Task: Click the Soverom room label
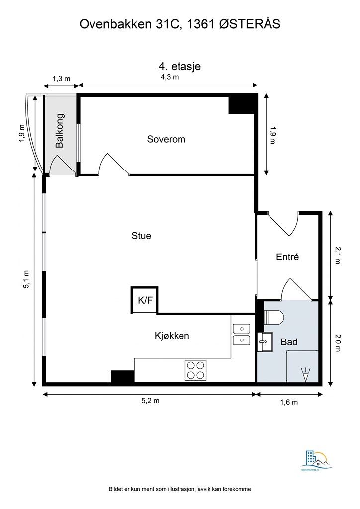(x=166, y=139)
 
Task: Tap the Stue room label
(x=141, y=236)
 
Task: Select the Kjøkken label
(x=172, y=336)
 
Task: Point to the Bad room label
(x=289, y=342)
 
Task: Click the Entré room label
(x=287, y=257)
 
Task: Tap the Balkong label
(x=60, y=131)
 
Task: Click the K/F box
(x=145, y=300)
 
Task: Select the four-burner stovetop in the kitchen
(x=196, y=369)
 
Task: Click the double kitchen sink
(x=242, y=334)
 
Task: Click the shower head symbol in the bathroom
(x=306, y=374)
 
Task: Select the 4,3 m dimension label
(x=169, y=77)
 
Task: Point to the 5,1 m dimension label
(x=26, y=279)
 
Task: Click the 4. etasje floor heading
(x=180, y=66)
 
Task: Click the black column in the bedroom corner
(x=242, y=104)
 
